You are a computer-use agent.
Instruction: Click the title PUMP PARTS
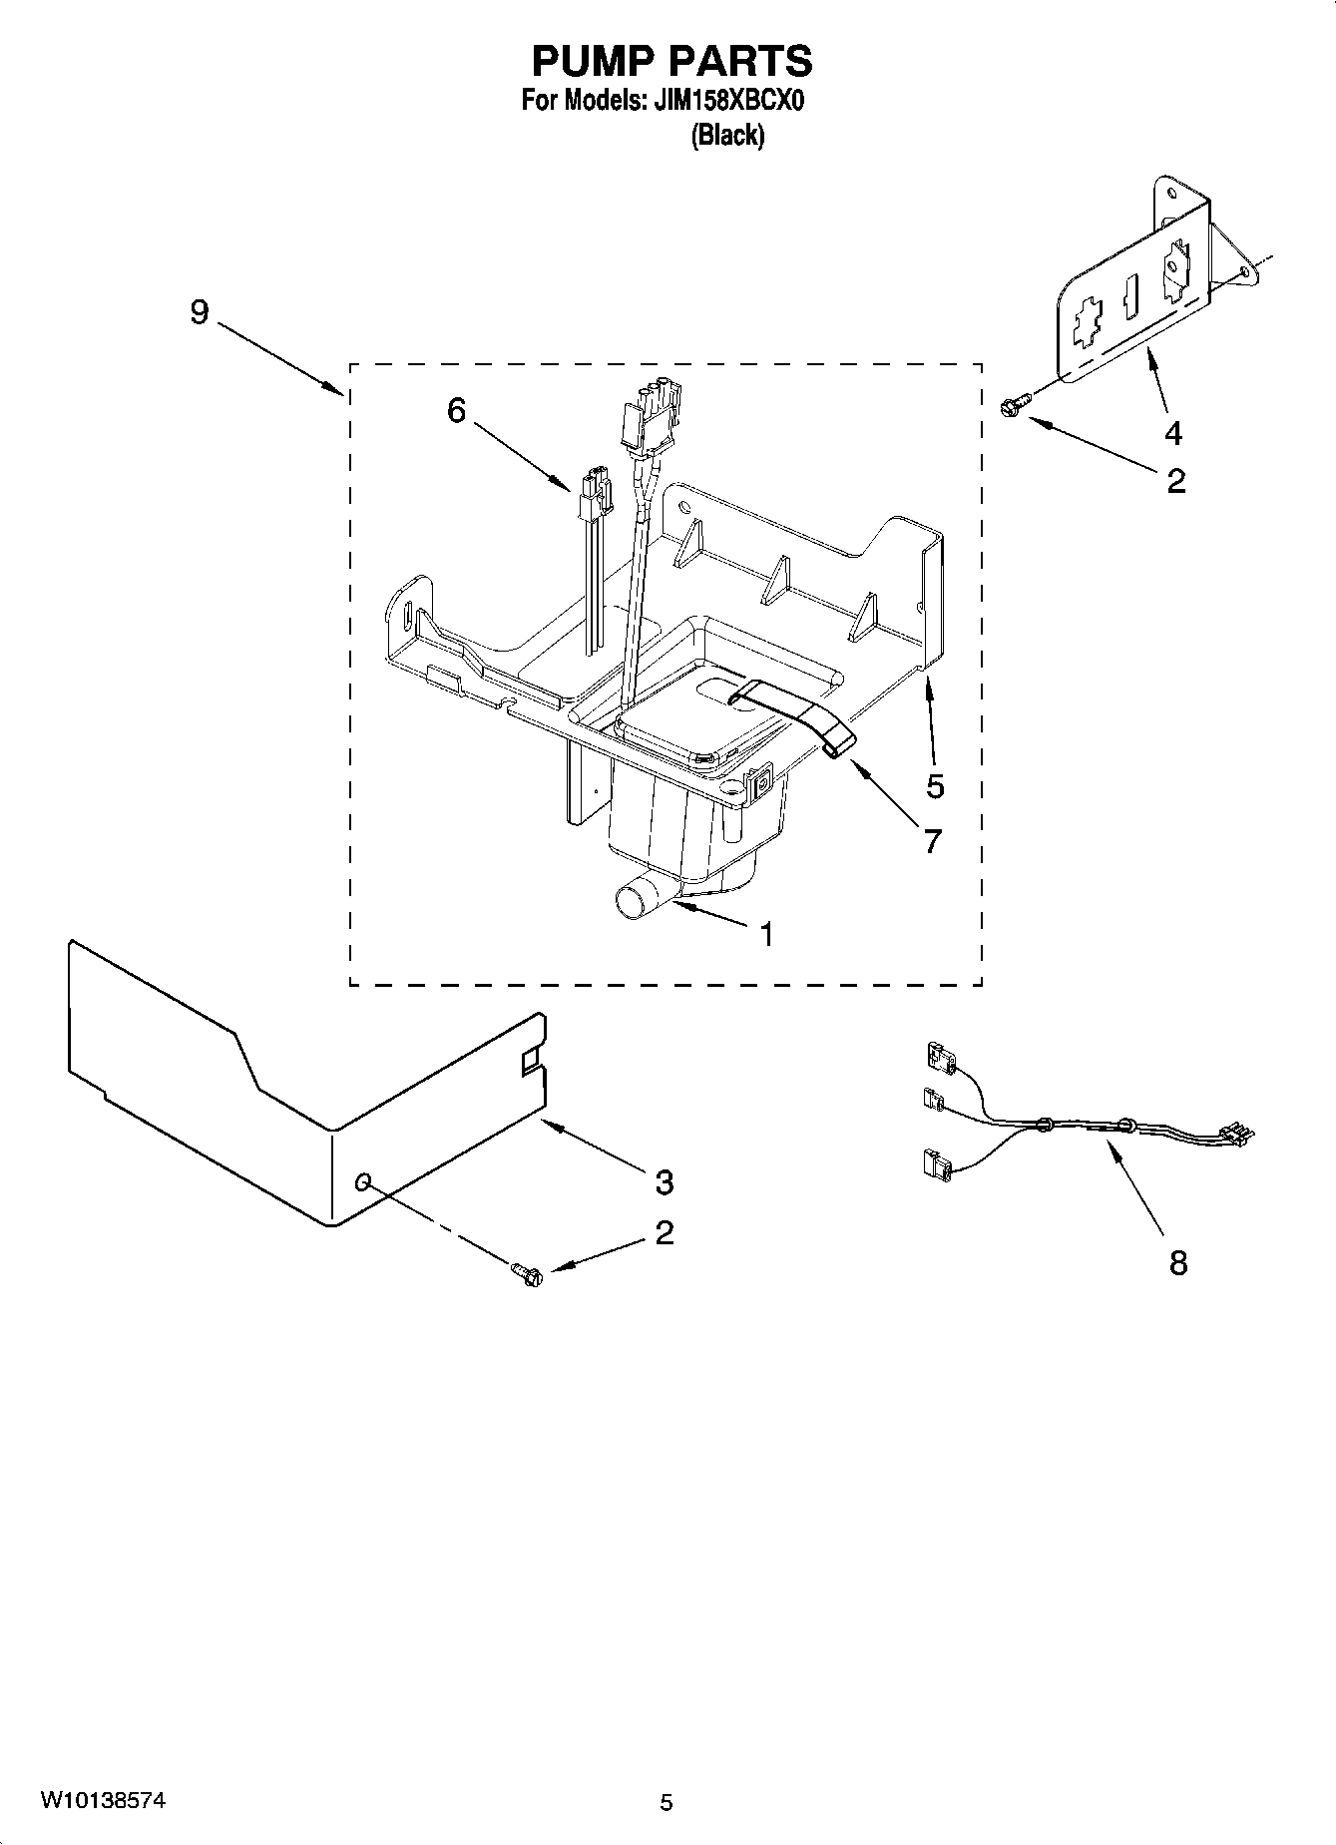click(671, 62)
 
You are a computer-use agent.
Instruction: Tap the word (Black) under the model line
click(727, 136)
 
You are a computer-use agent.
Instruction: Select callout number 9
click(200, 312)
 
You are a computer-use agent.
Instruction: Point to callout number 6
click(456, 410)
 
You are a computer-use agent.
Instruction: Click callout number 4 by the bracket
click(1173, 433)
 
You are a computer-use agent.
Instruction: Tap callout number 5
click(934, 786)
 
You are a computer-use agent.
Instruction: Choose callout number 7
click(932, 841)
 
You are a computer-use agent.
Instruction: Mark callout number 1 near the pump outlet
click(765, 934)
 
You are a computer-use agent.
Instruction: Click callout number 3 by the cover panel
click(664, 1182)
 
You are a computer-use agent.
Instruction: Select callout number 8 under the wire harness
click(1177, 1263)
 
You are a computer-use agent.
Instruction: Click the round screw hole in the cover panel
click(364, 1182)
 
